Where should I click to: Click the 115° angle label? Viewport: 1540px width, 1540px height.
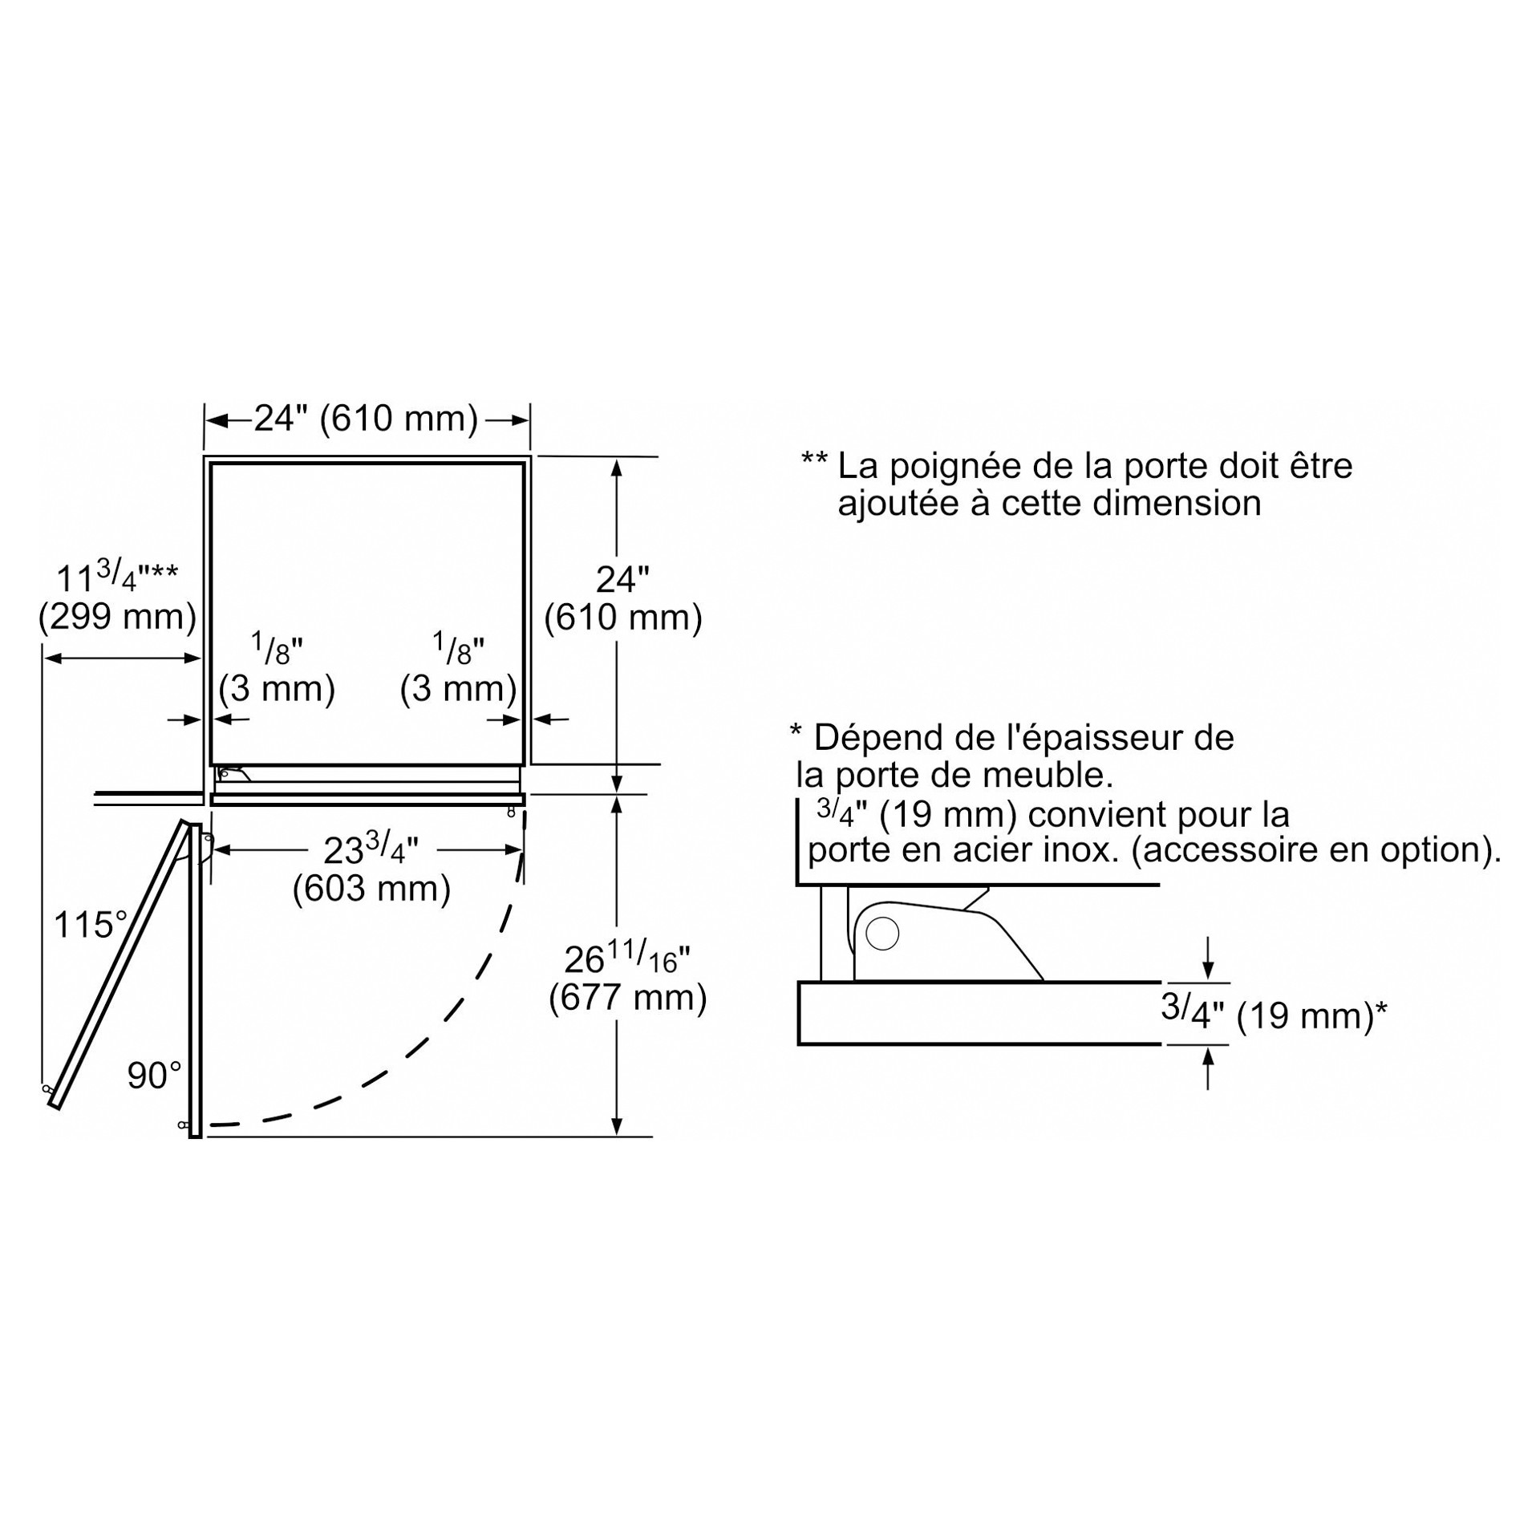coord(90,925)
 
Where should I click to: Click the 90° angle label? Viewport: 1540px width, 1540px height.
coord(154,1076)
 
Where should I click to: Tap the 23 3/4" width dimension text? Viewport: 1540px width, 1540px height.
coord(371,849)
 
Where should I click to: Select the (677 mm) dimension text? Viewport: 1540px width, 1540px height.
coord(627,998)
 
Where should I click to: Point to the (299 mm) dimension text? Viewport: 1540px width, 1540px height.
coord(117,616)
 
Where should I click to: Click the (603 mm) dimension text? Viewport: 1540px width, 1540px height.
coord(371,888)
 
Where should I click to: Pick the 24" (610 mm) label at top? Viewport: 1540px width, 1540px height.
coord(366,418)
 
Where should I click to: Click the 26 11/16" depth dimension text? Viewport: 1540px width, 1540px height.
coord(626,958)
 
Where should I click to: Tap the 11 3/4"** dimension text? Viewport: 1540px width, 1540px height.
coord(117,577)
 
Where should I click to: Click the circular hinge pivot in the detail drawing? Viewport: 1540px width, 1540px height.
coord(883,934)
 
